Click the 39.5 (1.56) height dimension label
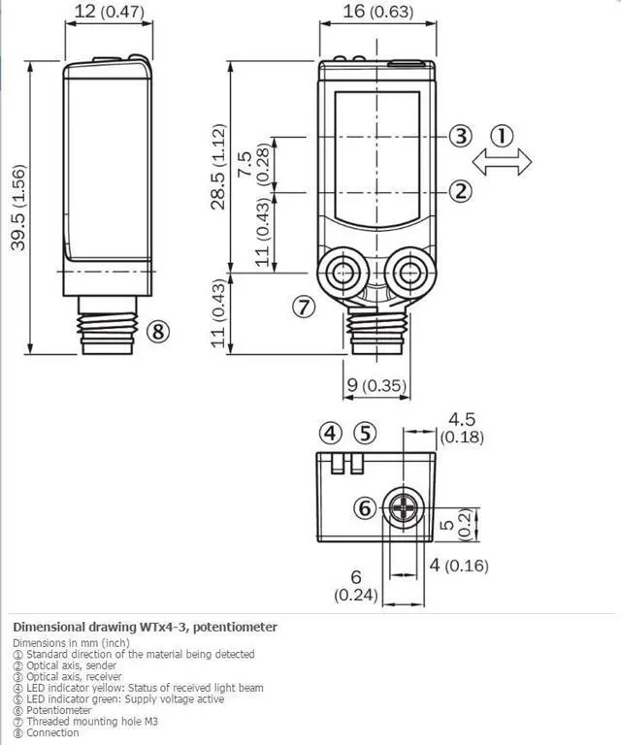18,208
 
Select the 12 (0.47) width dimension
110,11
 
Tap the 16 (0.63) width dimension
378,11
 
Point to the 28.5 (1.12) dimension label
218,166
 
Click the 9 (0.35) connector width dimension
376,385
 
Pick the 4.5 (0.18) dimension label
462,428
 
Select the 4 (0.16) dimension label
459,565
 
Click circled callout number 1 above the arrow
502,136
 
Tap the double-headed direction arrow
502,162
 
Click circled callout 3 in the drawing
461,136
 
